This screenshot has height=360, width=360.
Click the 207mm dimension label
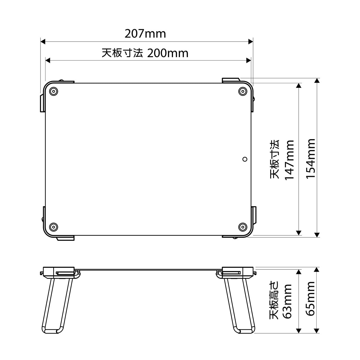(x=145, y=34)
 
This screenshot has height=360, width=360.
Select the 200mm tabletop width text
(x=168, y=53)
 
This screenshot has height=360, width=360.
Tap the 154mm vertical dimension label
(x=310, y=158)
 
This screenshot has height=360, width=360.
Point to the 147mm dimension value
(x=289, y=159)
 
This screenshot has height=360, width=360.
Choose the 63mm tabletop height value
(x=287, y=301)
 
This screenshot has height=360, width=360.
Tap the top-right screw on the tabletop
(x=242, y=91)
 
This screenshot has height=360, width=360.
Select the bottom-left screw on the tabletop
(x=53, y=227)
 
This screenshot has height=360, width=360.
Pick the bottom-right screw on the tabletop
(x=242, y=227)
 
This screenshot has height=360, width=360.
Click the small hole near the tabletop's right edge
(x=245, y=159)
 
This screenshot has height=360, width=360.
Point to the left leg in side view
(x=58, y=305)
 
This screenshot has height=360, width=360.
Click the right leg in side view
(x=240, y=305)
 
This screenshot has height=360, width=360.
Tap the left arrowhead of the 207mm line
(x=43, y=42)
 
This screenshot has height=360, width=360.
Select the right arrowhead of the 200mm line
(x=249, y=60)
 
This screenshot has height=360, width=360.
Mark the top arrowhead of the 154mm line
(x=317, y=80)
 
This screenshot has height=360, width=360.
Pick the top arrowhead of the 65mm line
(x=317, y=270)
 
